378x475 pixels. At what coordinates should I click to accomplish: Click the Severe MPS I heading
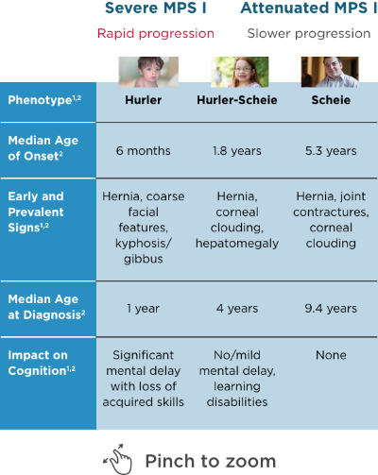pos(163,8)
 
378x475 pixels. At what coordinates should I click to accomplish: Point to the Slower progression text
pos(307,33)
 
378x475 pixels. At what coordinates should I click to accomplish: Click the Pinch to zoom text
pos(210,460)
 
